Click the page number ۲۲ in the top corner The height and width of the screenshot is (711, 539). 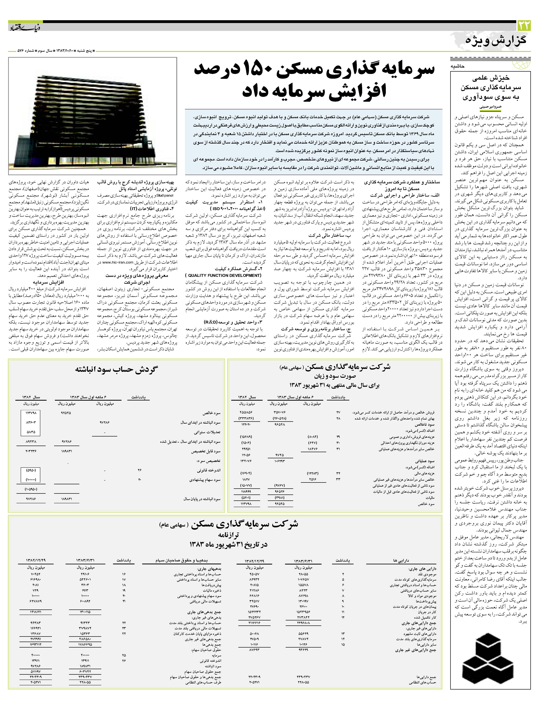[x=524, y=25]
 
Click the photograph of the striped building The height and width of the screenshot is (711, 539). [x=93, y=116]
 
